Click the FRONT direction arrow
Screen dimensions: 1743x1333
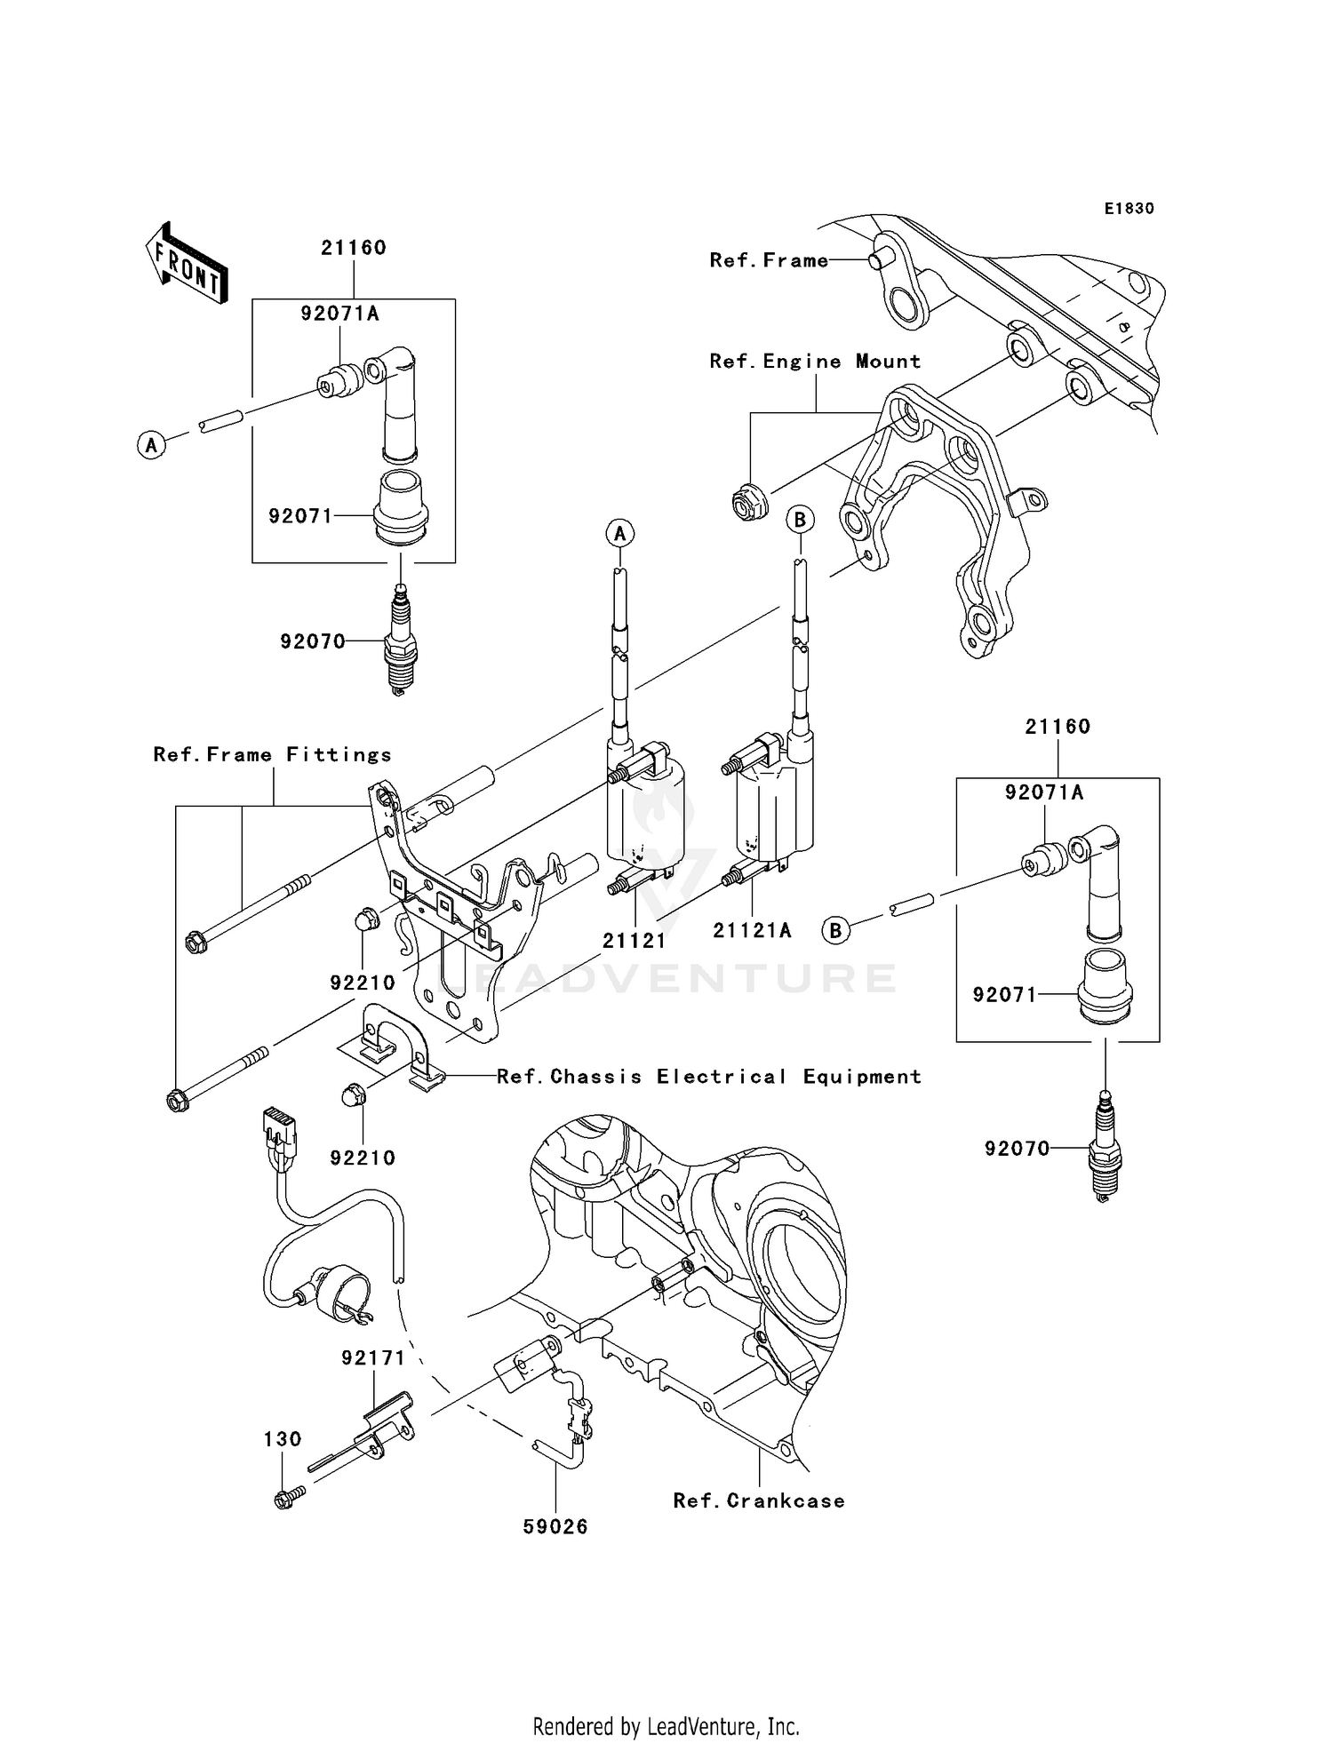coord(187,263)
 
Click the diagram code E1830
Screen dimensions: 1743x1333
coord(1129,209)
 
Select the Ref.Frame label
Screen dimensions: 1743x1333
coord(768,260)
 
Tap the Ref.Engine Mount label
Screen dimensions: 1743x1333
coord(815,362)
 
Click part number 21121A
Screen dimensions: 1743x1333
coord(752,930)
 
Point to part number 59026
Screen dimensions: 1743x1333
coord(555,1526)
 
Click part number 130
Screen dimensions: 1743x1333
coord(282,1438)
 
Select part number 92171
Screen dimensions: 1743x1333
coord(373,1358)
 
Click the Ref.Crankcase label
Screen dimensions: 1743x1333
coord(758,1500)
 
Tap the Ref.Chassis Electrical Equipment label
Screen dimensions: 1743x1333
coord(708,1077)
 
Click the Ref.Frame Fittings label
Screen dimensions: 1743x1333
coord(272,755)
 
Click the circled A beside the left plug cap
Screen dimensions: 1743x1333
coord(152,444)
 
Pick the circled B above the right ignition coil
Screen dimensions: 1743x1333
coord(800,519)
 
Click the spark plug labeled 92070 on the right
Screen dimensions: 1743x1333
coord(1105,1148)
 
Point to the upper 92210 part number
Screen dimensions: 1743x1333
coord(363,983)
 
